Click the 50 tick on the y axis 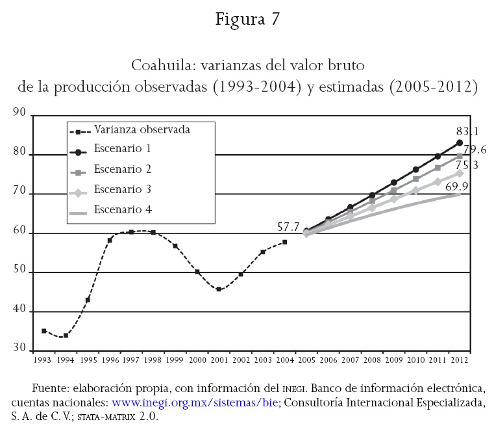tap(19, 272)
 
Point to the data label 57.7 tap(288, 228)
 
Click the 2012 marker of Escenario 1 tap(460, 142)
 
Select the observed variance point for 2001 tap(219, 289)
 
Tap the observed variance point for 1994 tap(66, 336)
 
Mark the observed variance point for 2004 tap(285, 242)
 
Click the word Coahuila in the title tap(162, 66)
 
